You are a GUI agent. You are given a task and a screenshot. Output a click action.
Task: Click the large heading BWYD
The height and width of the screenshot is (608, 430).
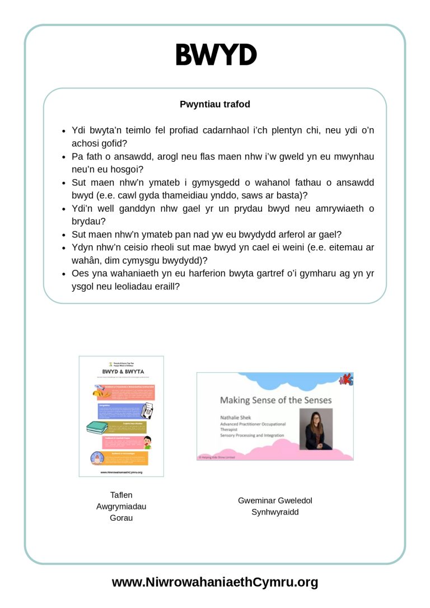pos(216,55)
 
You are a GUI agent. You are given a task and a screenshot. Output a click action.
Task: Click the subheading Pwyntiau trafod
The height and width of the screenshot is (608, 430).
pos(215,104)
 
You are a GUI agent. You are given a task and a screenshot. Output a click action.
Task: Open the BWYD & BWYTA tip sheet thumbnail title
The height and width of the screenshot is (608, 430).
pos(121,371)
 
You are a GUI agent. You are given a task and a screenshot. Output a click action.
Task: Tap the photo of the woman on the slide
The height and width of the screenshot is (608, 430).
pos(316,429)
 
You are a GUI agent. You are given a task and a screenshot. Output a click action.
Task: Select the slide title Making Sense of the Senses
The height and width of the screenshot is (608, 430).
pos(275,400)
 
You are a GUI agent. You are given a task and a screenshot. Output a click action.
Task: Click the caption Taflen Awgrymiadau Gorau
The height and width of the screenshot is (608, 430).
pos(121,506)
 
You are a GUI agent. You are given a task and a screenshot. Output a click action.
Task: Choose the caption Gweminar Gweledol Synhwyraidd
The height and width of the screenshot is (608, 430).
pos(275,506)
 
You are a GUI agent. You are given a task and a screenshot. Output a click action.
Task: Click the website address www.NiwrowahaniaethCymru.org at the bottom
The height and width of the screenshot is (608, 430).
pos(215,582)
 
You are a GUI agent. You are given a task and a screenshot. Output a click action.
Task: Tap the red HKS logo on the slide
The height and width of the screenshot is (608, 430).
pos(347,380)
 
